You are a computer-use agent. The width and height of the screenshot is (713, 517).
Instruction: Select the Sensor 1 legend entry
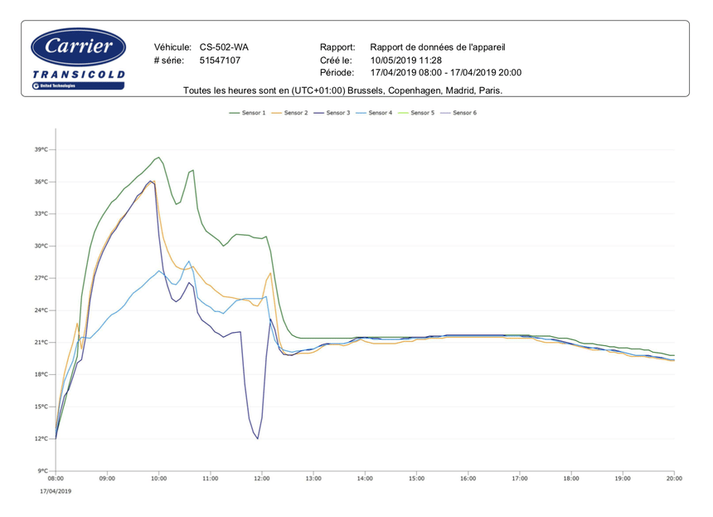(249, 113)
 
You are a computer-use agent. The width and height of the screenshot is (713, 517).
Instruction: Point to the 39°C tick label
(41, 150)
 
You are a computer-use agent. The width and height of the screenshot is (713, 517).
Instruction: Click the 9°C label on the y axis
(43, 471)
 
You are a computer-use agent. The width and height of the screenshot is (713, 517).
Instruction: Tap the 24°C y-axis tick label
(41, 310)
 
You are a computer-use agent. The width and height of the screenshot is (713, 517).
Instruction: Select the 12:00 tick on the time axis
(262, 479)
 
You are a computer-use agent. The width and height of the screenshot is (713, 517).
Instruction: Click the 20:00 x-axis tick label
(674, 479)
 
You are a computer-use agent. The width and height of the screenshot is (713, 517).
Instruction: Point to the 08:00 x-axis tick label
(56, 479)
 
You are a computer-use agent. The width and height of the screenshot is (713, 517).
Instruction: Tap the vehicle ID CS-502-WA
(224, 47)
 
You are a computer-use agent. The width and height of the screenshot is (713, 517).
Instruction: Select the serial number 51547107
(221, 61)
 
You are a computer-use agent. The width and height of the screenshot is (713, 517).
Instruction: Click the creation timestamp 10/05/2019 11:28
(406, 61)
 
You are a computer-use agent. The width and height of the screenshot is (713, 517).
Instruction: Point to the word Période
(337, 73)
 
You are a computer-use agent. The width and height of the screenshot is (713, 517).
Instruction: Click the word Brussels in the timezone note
(368, 90)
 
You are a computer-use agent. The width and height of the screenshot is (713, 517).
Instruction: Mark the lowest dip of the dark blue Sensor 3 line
(258, 438)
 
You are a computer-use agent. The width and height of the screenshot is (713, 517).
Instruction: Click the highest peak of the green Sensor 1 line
(158, 157)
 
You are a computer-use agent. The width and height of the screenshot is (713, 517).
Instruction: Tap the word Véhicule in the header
(172, 47)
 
